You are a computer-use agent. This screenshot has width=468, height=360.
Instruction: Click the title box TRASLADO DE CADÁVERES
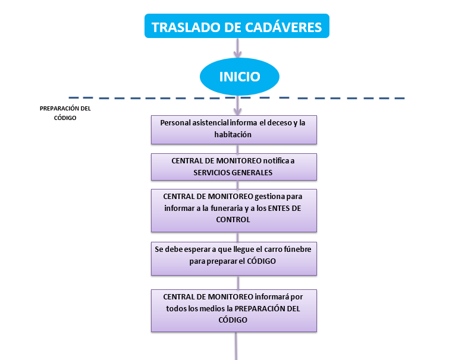click(237, 27)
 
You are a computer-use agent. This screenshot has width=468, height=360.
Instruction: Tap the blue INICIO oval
click(239, 77)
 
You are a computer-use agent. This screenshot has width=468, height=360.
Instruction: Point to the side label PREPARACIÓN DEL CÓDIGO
click(65, 113)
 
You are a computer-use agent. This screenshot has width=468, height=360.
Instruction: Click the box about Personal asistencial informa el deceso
click(234, 129)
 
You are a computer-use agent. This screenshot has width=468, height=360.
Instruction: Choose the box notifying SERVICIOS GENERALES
click(234, 167)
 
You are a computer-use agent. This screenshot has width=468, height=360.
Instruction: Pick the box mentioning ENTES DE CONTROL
click(234, 210)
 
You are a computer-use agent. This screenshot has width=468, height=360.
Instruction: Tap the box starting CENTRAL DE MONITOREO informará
click(234, 310)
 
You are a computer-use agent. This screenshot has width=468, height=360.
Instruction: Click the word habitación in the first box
click(233, 135)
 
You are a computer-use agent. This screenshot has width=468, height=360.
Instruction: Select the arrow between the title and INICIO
click(238, 48)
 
